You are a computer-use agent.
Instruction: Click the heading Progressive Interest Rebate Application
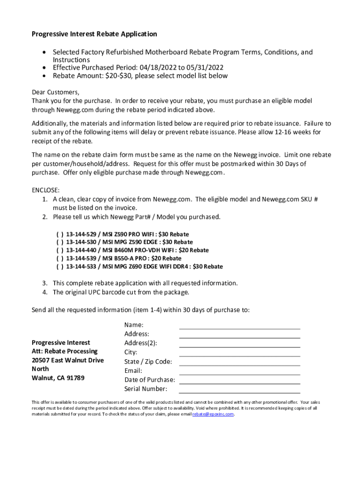[94, 34]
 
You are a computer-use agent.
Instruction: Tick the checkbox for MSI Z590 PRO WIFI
[60, 234]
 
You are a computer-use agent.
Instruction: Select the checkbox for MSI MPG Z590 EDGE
[60, 242]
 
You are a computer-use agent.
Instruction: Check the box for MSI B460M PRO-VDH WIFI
[60, 250]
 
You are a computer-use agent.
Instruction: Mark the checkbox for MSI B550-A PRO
[60, 258]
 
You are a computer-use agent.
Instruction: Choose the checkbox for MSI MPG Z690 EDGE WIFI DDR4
[60, 267]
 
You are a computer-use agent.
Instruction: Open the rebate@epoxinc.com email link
[213, 414]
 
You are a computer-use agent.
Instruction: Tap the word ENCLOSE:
[45, 190]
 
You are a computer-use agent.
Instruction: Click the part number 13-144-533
[82, 267]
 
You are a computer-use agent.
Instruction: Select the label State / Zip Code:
[148, 362]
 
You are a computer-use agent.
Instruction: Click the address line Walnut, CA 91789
[58, 378]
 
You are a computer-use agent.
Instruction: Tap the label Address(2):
[141, 343]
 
